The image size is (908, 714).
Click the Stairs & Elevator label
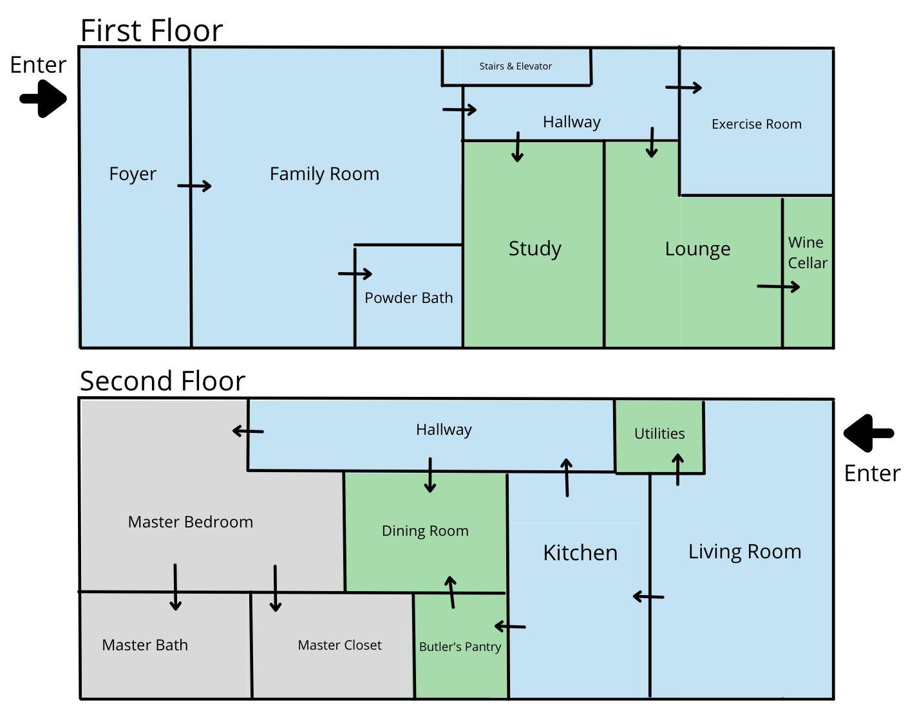pos(515,66)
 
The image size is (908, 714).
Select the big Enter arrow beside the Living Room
pos(868,433)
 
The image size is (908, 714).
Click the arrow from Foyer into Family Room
pos(194,186)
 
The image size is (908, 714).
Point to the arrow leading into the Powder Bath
pos(355,273)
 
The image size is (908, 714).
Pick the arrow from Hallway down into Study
pos(517,147)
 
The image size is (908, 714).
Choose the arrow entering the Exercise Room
pos(684,87)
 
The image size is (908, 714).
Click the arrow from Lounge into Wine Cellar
pos(779,286)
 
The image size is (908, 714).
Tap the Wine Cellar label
pos(807,253)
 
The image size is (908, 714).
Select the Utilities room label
pos(659,434)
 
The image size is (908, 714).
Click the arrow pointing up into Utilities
pos(677,469)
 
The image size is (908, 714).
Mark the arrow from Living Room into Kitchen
pos(648,597)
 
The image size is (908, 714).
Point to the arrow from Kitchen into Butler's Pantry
pos(510,626)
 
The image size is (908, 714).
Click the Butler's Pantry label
pos(460,646)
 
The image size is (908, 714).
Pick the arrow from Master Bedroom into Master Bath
pos(175,587)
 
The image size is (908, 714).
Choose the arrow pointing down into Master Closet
pos(275,588)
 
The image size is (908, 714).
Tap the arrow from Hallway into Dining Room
pos(430,475)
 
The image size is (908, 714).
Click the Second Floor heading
pos(162,381)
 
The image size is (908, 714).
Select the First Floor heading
pos(151,30)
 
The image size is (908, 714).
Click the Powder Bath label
pos(408,298)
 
